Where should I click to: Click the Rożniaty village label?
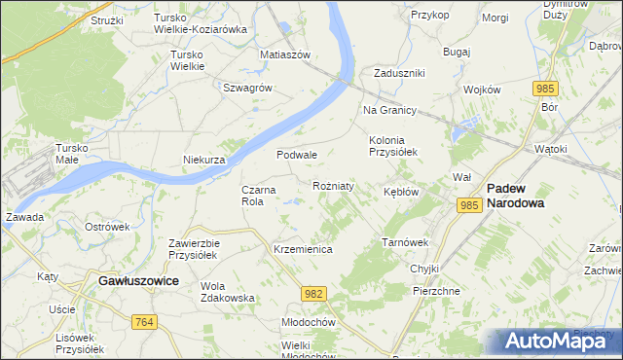333,185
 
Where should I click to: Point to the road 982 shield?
312,292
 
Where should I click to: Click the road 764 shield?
145,322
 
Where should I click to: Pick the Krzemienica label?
303,250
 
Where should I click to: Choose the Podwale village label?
297,155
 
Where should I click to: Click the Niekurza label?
204,160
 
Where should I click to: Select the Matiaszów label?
284,54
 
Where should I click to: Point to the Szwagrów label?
246,87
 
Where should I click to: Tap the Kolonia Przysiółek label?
392,146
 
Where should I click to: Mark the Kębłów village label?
401,192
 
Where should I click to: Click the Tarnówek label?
405,242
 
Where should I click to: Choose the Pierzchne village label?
436,291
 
